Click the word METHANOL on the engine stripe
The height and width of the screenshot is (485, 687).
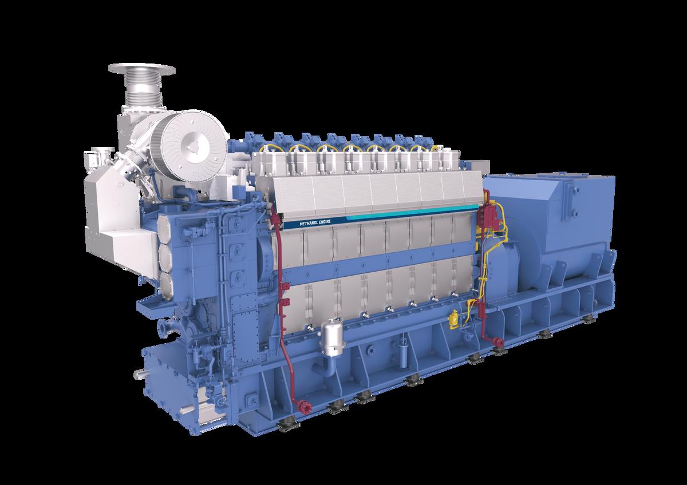(x=309, y=224)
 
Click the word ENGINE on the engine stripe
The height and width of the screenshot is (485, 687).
(x=325, y=221)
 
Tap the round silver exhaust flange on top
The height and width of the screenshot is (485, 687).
(x=142, y=69)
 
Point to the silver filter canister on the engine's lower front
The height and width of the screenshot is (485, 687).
(x=331, y=337)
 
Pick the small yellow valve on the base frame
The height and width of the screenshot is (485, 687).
(x=453, y=319)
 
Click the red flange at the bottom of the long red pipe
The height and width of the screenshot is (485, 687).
(x=304, y=407)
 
